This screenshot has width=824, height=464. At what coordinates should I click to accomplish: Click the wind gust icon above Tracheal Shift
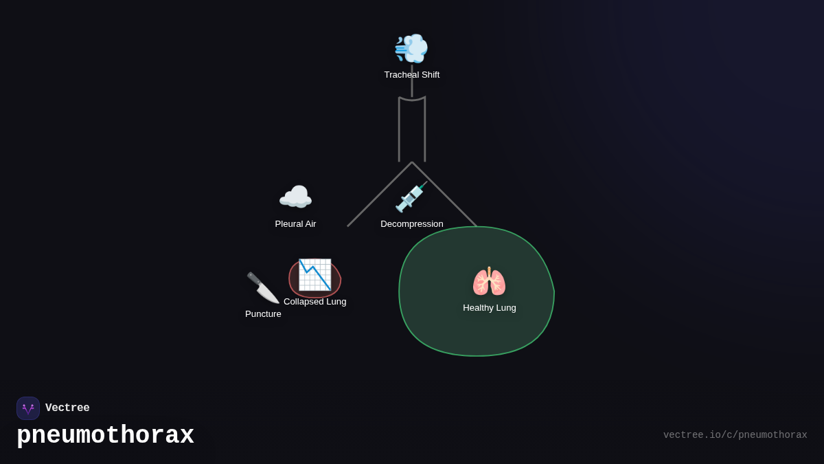(411, 48)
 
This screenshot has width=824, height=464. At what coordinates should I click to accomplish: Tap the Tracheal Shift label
(412, 75)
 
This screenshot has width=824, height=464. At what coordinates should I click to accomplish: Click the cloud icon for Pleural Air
(295, 198)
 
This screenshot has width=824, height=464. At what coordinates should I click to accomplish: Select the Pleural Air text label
(295, 224)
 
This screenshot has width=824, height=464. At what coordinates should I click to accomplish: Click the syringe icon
(411, 197)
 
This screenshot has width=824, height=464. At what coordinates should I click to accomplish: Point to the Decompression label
(412, 224)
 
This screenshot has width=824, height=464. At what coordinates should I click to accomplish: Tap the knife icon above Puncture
(262, 287)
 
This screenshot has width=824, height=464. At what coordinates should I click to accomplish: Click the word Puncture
(263, 314)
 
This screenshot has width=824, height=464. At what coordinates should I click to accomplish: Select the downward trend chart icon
(314, 275)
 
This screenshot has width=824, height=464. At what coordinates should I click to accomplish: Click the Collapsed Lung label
(314, 302)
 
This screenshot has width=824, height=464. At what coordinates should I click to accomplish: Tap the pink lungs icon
(489, 282)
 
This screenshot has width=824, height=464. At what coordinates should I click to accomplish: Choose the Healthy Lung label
(489, 308)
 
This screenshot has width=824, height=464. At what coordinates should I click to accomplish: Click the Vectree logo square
(28, 408)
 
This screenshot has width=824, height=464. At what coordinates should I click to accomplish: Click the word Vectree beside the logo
(67, 408)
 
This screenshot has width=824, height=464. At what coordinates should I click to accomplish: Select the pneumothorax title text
(105, 436)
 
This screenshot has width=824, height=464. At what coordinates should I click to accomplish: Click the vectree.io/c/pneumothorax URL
(735, 435)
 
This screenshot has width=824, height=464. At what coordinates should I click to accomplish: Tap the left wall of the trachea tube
(399, 131)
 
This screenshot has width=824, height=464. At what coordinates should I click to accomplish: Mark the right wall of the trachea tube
(425, 131)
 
